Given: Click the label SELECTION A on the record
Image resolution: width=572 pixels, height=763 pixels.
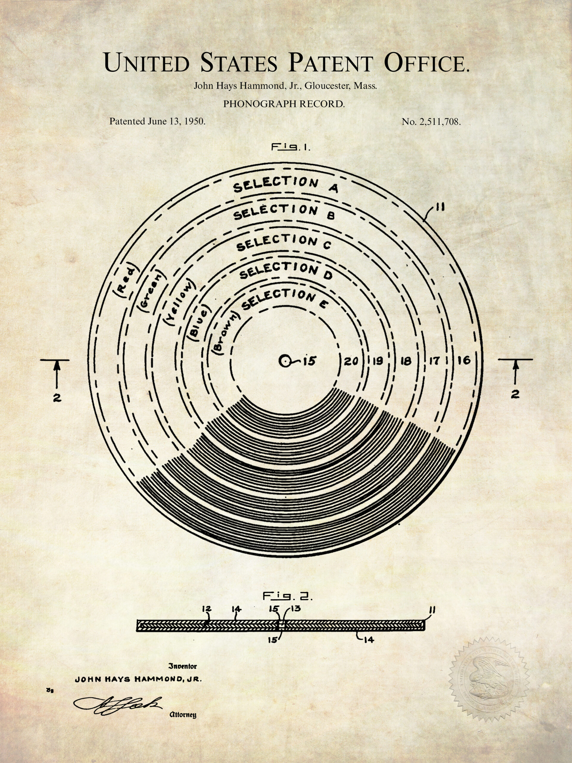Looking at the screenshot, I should point(285,186).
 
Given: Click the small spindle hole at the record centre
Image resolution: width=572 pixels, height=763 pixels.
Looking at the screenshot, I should point(285,361).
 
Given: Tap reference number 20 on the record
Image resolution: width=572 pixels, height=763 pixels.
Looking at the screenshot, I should point(351,361).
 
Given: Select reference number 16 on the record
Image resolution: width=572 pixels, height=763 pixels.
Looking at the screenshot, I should point(464,360).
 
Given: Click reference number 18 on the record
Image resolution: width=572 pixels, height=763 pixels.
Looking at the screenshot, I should point(405,361).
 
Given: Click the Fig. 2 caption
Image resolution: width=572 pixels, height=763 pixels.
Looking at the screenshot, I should point(287,596).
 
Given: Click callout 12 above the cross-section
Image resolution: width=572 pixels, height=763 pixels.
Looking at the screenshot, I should point(206,609).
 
